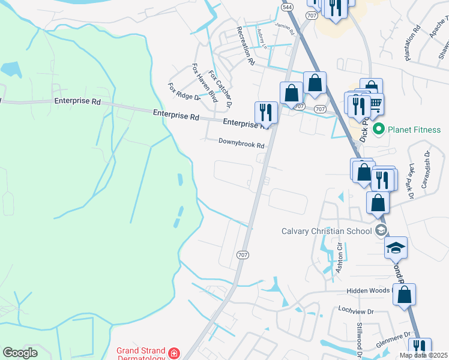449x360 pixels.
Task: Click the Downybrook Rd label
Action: pyautogui.click(x=241, y=145)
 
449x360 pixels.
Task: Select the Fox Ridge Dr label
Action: pyautogui.click(x=183, y=92)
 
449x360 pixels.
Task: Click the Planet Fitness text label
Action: pyautogui.click(x=414, y=130)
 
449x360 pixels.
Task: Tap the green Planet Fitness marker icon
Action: pyautogui.click(x=378, y=129)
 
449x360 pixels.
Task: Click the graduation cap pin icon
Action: pyautogui.click(x=396, y=247)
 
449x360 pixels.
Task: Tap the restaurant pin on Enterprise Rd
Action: pyautogui.click(x=266, y=112)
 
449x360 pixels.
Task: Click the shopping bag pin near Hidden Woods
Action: pyautogui.click(x=405, y=295)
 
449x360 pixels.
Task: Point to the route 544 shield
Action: pyautogui.click(x=288, y=7)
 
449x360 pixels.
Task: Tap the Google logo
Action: pyautogui.click(x=20, y=353)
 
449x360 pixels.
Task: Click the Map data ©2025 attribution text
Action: pyautogui.click(x=423, y=355)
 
